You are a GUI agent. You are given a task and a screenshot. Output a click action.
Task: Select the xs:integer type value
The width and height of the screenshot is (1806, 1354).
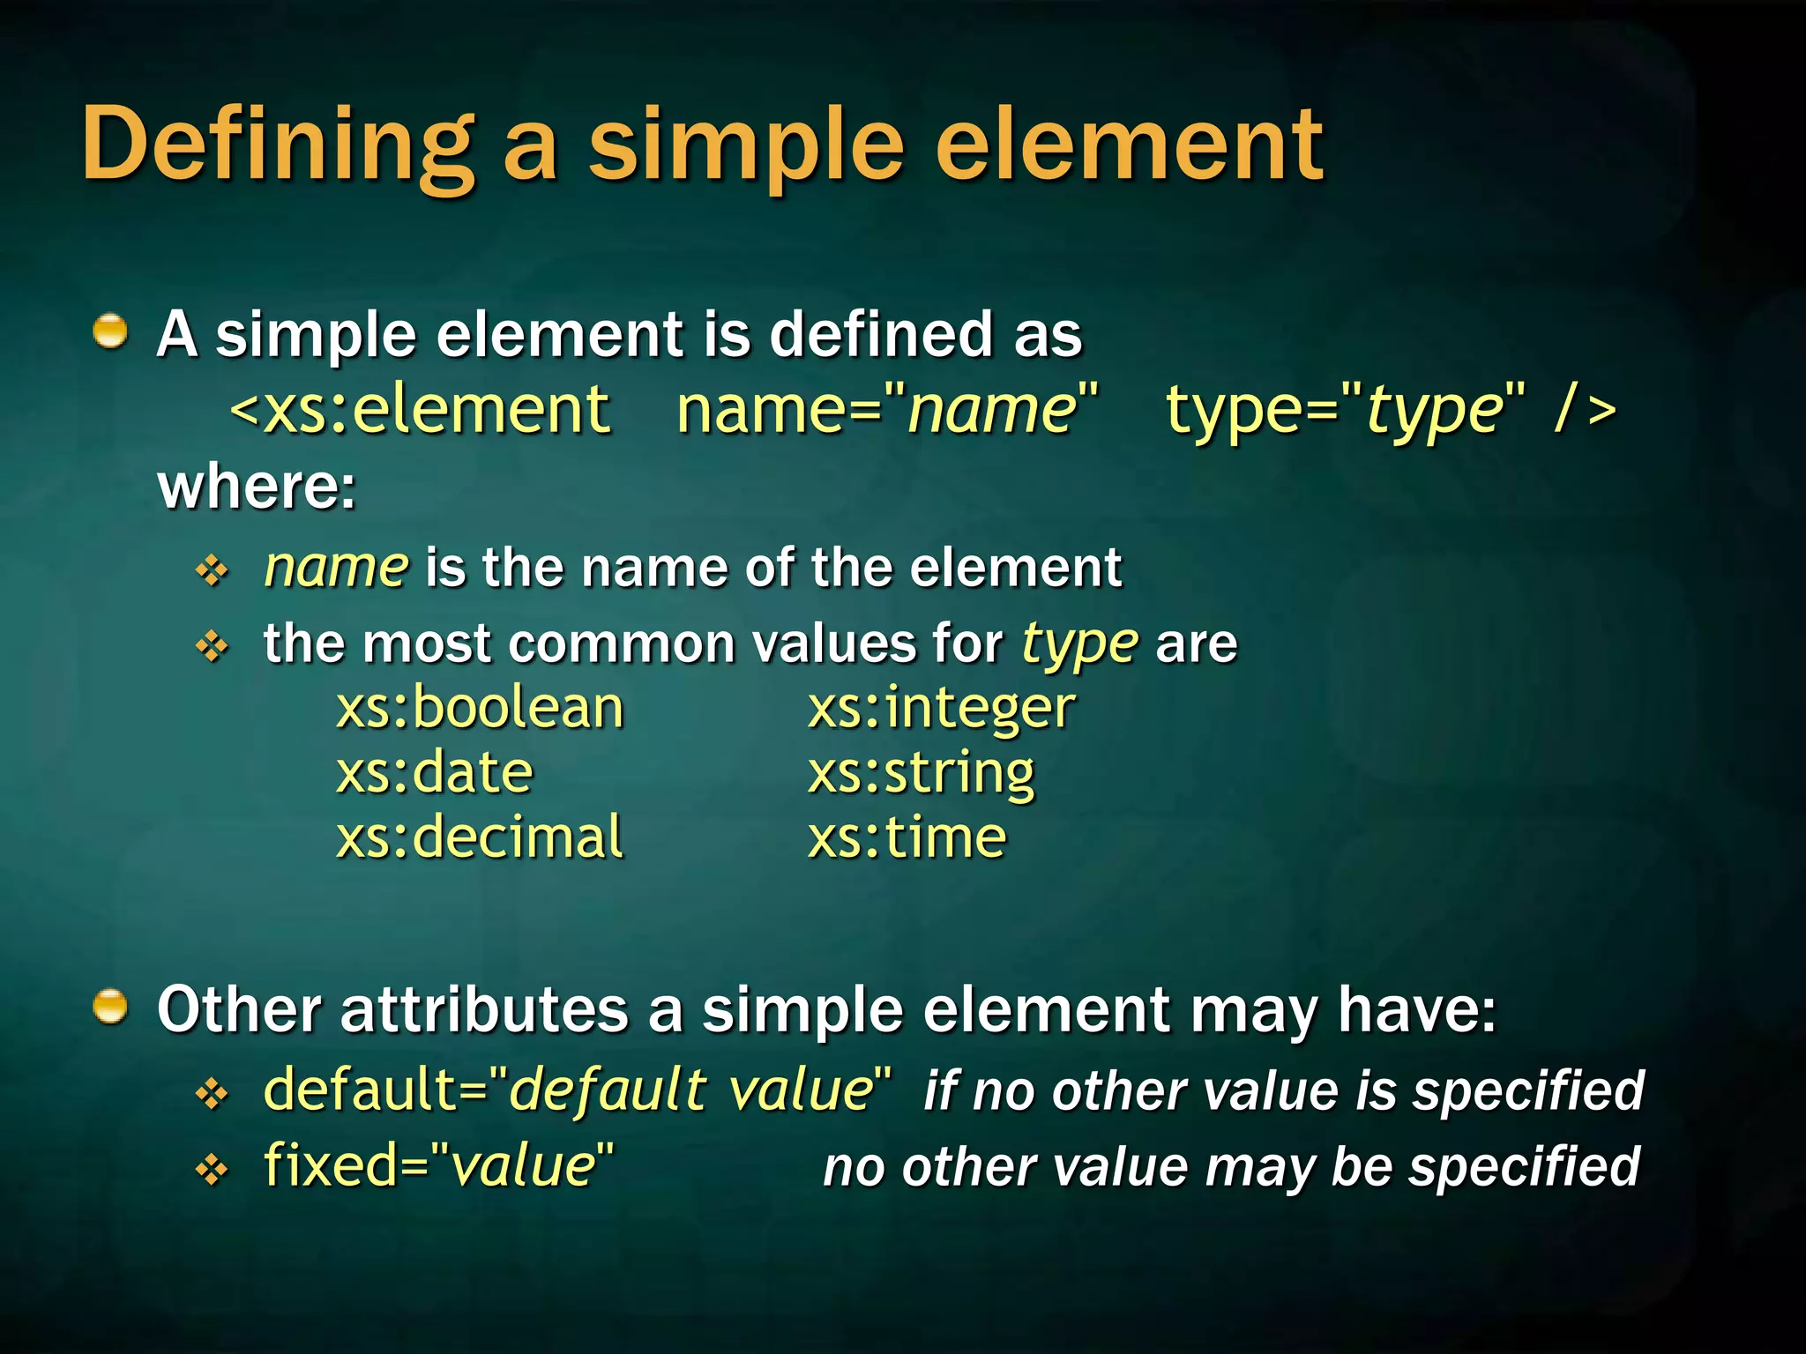point(941,710)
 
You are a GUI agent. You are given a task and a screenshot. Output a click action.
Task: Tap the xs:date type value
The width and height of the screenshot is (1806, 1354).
point(435,772)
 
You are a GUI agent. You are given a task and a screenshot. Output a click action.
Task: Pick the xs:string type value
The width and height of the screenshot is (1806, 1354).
point(921,774)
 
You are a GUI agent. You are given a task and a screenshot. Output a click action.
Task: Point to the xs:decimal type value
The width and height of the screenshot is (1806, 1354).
point(480,837)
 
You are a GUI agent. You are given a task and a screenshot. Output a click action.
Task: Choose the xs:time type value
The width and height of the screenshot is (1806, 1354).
point(907,837)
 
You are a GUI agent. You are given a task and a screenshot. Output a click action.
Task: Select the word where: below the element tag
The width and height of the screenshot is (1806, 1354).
point(257,487)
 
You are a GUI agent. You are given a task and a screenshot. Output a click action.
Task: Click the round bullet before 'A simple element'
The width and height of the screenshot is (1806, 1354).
point(110,332)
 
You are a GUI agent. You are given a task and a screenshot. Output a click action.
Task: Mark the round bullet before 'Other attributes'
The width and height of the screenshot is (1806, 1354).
point(110,1007)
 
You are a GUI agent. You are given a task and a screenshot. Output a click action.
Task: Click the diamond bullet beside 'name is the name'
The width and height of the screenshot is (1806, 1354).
point(212,571)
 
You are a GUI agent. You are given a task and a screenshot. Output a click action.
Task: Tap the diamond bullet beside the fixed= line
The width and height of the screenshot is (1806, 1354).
point(212,1170)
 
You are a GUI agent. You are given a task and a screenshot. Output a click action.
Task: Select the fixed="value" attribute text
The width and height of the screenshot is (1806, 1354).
point(438,1165)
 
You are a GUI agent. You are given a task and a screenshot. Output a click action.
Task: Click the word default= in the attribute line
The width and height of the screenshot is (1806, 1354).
point(375,1090)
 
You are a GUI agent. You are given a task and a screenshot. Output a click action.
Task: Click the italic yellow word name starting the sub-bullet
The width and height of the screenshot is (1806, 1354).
point(336,567)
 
